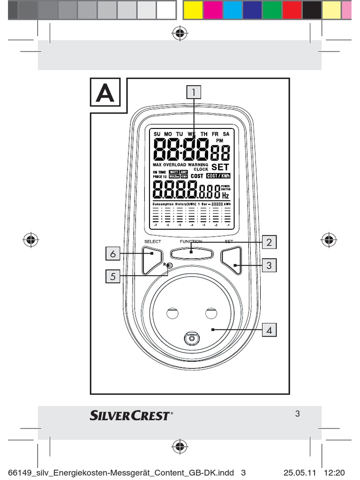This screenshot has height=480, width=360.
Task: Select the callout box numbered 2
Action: pos(269,242)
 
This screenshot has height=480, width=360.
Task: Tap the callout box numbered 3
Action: pos(269,265)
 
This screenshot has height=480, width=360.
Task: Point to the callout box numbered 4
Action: pos(269,330)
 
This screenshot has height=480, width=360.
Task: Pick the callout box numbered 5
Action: pos(112,277)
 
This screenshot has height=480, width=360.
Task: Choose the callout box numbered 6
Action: pos(112,254)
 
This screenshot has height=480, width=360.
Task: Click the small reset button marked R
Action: pos(169,266)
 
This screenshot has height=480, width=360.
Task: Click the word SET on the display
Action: pos(220,167)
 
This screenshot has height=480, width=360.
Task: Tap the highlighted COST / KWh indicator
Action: pos(218,176)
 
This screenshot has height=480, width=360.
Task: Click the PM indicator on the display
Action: pos(219,141)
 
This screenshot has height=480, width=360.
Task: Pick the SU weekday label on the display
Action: pos(157,134)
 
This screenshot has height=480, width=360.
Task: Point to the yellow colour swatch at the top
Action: pos(193,9)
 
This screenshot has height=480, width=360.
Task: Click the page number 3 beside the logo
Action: pos(297,414)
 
